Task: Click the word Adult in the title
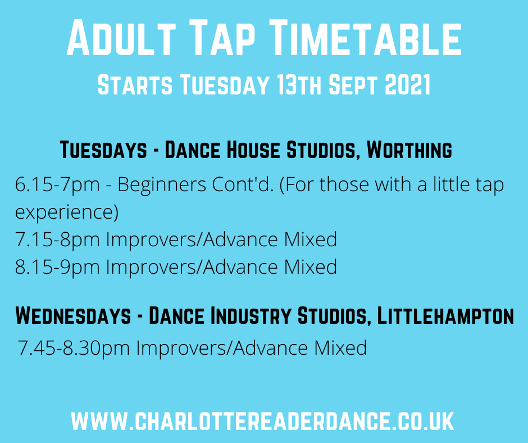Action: pyautogui.click(x=121, y=38)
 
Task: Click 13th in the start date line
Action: pyautogui.click(x=299, y=84)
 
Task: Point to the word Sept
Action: pyautogui.click(x=353, y=84)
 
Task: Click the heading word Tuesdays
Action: pyautogui.click(x=104, y=150)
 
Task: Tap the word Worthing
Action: pyautogui.click(x=409, y=150)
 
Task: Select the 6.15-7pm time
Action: pyautogui.click(x=58, y=186)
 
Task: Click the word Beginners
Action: pyautogui.click(x=162, y=186)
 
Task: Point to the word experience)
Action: pyautogui.click(x=67, y=213)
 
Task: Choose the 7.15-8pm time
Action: pyautogui.click(x=58, y=240)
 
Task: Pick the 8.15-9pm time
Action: pyautogui.click(x=58, y=268)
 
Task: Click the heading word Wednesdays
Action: pyautogui.click(x=73, y=315)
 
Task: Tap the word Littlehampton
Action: pyautogui.click(x=445, y=315)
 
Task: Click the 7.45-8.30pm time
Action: pyautogui.click(x=74, y=348)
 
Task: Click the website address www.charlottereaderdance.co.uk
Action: pyautogui.click(x=263, y=421)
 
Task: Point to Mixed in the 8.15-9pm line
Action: pyautogui.click(x=311, y=267)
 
